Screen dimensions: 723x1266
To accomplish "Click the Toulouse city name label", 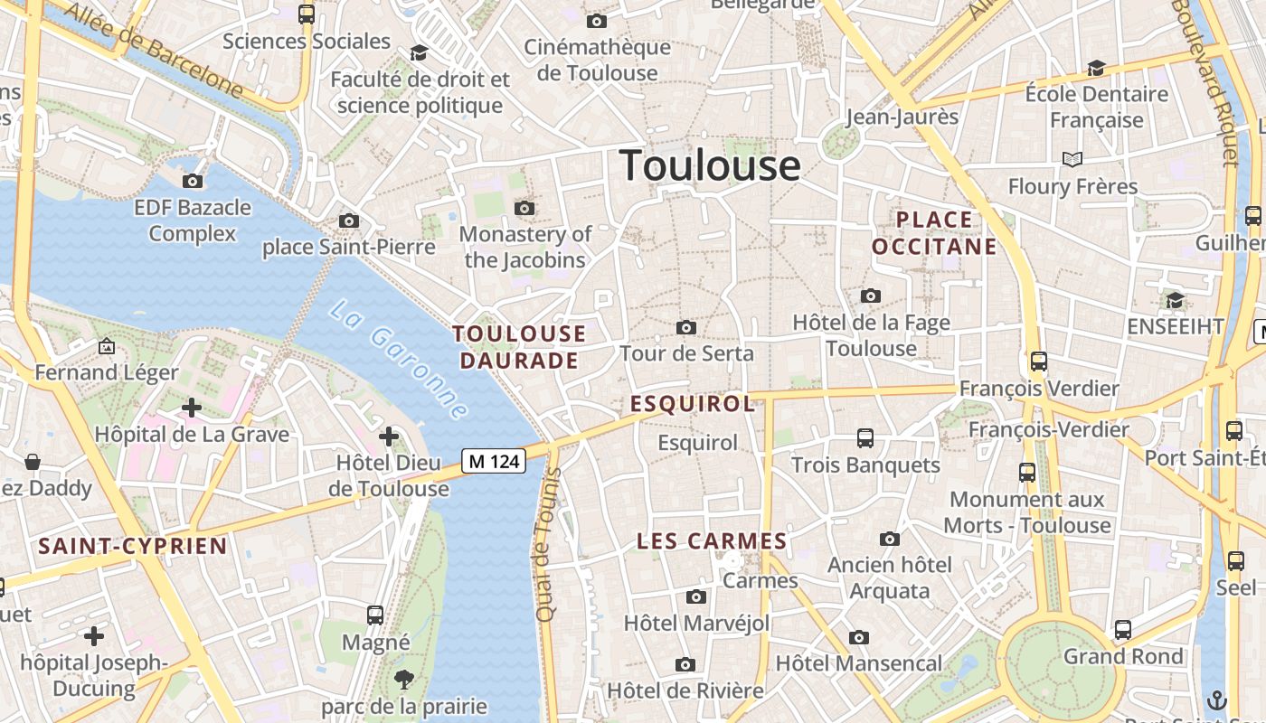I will point(710,166).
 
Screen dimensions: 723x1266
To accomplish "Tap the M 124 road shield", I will point(494,461).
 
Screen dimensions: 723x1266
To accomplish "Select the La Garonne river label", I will point(399,360).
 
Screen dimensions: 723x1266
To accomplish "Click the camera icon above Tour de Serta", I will point(686,327).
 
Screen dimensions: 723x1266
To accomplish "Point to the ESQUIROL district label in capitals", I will point(693,404).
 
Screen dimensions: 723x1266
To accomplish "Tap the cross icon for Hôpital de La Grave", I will point(192,408).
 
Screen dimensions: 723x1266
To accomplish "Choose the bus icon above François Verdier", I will point(1039,361).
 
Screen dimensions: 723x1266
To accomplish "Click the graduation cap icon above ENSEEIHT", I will point(1175,300).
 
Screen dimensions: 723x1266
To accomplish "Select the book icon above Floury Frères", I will point(1072,160).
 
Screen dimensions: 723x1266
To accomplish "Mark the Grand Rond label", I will point(1123,657).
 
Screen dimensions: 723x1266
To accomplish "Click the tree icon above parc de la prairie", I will point(403,680).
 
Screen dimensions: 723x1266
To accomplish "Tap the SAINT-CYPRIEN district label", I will point(132,546).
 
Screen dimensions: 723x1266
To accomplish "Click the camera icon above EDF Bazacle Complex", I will point(193,181).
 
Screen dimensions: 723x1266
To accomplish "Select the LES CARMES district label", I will point(712,541).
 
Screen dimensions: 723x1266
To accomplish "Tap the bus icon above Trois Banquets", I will point(865,438).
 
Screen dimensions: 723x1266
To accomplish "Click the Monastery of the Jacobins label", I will point(525,247).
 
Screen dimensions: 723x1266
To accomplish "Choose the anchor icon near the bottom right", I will point(1217,700).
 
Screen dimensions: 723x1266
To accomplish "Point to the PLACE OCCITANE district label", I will point(934,233).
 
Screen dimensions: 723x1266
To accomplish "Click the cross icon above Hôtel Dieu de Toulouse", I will point(389,437).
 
